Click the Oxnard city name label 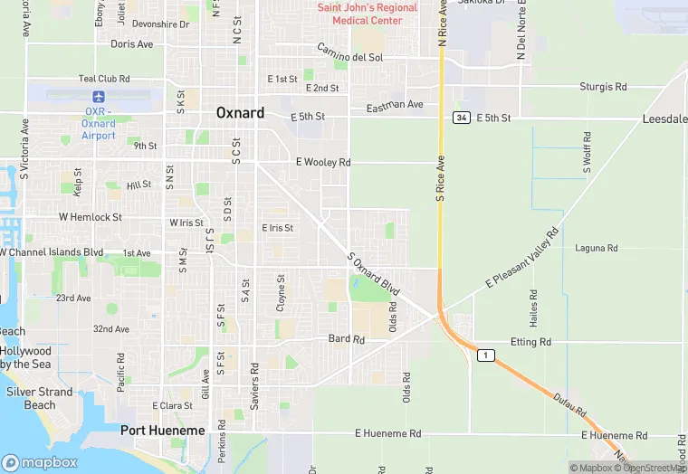coord(240,113)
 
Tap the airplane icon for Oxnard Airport coord(98,96)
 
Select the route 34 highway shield coord(462,118)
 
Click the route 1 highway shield coord(487,355)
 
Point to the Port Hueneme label coord(163,431)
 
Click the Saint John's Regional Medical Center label coord(368,14)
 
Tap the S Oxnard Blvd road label coord(374,272)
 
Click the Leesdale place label coord(664,118)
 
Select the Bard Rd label coord(346,339)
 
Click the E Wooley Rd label coord(322,162)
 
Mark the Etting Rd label coord(530,342)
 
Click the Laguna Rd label coord(597,248)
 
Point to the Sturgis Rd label coord(603,87)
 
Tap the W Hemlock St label coord(91,217)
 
